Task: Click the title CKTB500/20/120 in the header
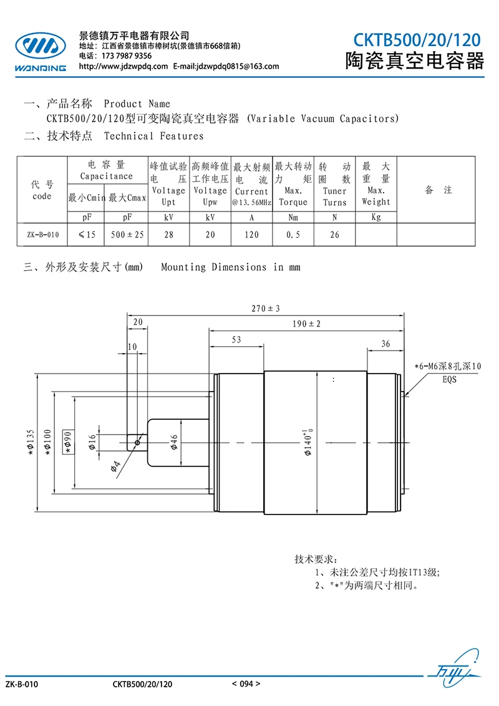click(x=417, y=40)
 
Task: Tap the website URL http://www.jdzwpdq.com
click(x=124, y=66)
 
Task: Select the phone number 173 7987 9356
click(x=127, y=56)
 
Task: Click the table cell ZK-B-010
click(x=42, y=235)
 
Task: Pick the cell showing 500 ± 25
click(x=127, y=235)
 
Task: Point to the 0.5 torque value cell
click(x=293, y=235)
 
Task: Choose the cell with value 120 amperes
click(x=252, y=235)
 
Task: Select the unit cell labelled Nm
click(x=293, y=217)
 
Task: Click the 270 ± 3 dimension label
click(x=265, y=309)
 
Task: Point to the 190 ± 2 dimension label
click(x=306, y=324)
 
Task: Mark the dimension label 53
click(x=236, y=339)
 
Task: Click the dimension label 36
click(x=385, y=344)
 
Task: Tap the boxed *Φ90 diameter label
click(x=68, y=442)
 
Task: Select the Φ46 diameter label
click(x=174, y=442)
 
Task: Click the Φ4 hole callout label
click(x=116, y=466)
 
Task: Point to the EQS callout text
click(x=449, y=380)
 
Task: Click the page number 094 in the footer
click(x=246, y=684)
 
